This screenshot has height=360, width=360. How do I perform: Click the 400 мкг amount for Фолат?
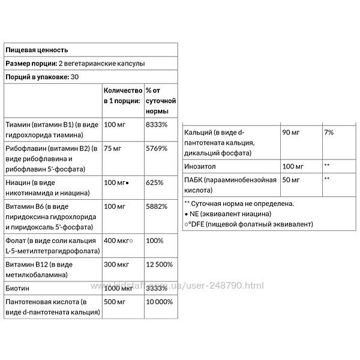(x=116, y=239)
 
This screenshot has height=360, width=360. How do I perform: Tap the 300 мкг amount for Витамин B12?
(x=116, y=262)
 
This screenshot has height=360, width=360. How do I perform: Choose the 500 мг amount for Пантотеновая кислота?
(x=115, y=301)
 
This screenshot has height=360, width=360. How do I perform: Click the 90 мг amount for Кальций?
(x=291, y=131)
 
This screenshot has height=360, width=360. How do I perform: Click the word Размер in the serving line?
(x=19, y=64)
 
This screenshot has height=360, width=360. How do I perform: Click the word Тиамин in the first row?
(x=17, y=125)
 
